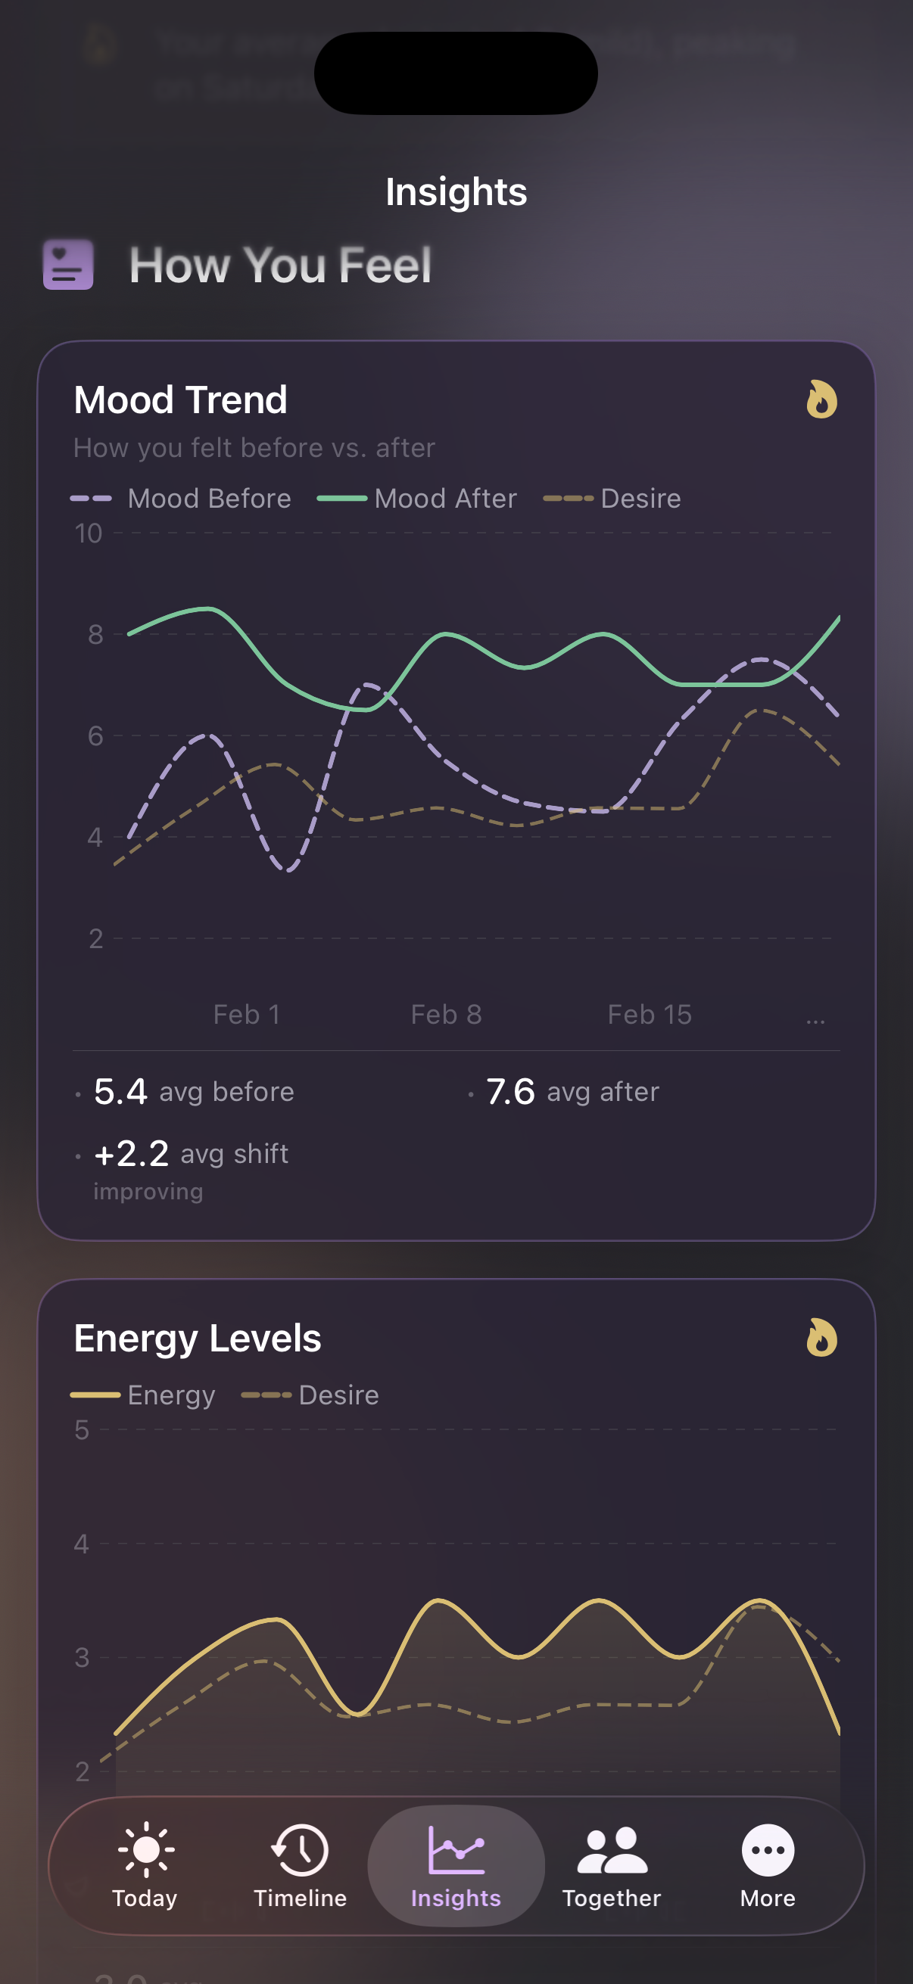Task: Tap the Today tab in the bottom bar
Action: pos(145,1864)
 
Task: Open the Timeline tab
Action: pos(300,1864)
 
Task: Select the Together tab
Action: pos(612,1864)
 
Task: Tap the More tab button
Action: pos(768,1864)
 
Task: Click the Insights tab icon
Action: pos(456,1850)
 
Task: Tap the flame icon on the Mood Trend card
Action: pos(821,400)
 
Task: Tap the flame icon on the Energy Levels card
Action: pos(821,1338)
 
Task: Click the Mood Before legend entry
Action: pos(182,499)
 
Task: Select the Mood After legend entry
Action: pos(418,499)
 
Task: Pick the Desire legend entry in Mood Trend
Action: pos(612,499)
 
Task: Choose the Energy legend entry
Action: pos(143,1395)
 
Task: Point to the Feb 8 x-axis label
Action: pos(446,1015)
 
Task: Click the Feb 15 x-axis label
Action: pos(650,1015)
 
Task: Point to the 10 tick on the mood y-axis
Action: pos(89,533)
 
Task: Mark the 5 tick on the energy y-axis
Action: pos(82,1430)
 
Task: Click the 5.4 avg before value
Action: pos(121,1091)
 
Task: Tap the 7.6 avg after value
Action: pos(510,1091)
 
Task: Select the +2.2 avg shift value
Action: pos(132,1154)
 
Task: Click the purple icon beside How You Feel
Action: pos(69,265)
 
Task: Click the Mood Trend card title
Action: pos(180,400)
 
